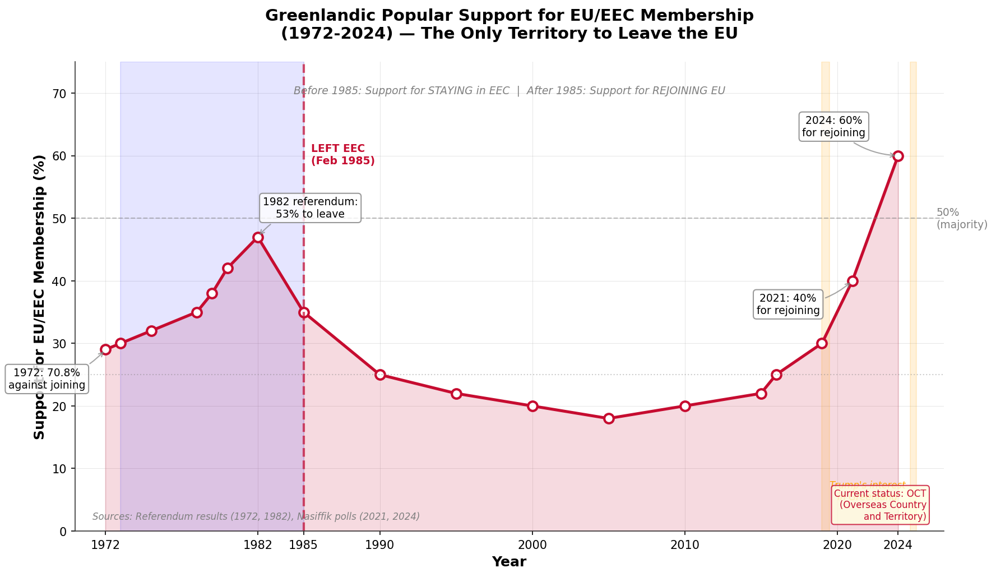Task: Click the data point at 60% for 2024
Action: [x=898, y=156]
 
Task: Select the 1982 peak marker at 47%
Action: [x=258, y=237]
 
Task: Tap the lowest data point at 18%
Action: [x=609, y=418]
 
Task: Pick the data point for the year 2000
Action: [x=532, y=406]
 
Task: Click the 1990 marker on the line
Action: [x=380, y=375]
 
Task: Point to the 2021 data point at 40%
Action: [x=853, y=281]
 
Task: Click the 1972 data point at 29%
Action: [x=105, y=349]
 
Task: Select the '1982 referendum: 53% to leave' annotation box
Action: [x=310, y=208]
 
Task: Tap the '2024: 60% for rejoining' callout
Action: [x=833, y=127]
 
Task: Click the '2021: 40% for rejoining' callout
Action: [x=788, y=304]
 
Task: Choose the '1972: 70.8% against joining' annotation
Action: [x=47, y=379]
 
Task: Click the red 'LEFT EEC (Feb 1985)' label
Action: [x=342, y=155]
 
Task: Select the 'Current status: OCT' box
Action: [x=880, y=505]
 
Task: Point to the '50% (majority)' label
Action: [x=961, y=219]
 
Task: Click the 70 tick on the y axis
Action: [x=60, y=94]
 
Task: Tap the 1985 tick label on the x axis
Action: [x=304, y=544]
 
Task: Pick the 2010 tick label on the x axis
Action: [x=685, y=544]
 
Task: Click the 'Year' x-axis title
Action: [x=509, y=562]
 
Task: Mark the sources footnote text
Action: [x=256, y=516]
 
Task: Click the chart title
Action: [x=509, y=24]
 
